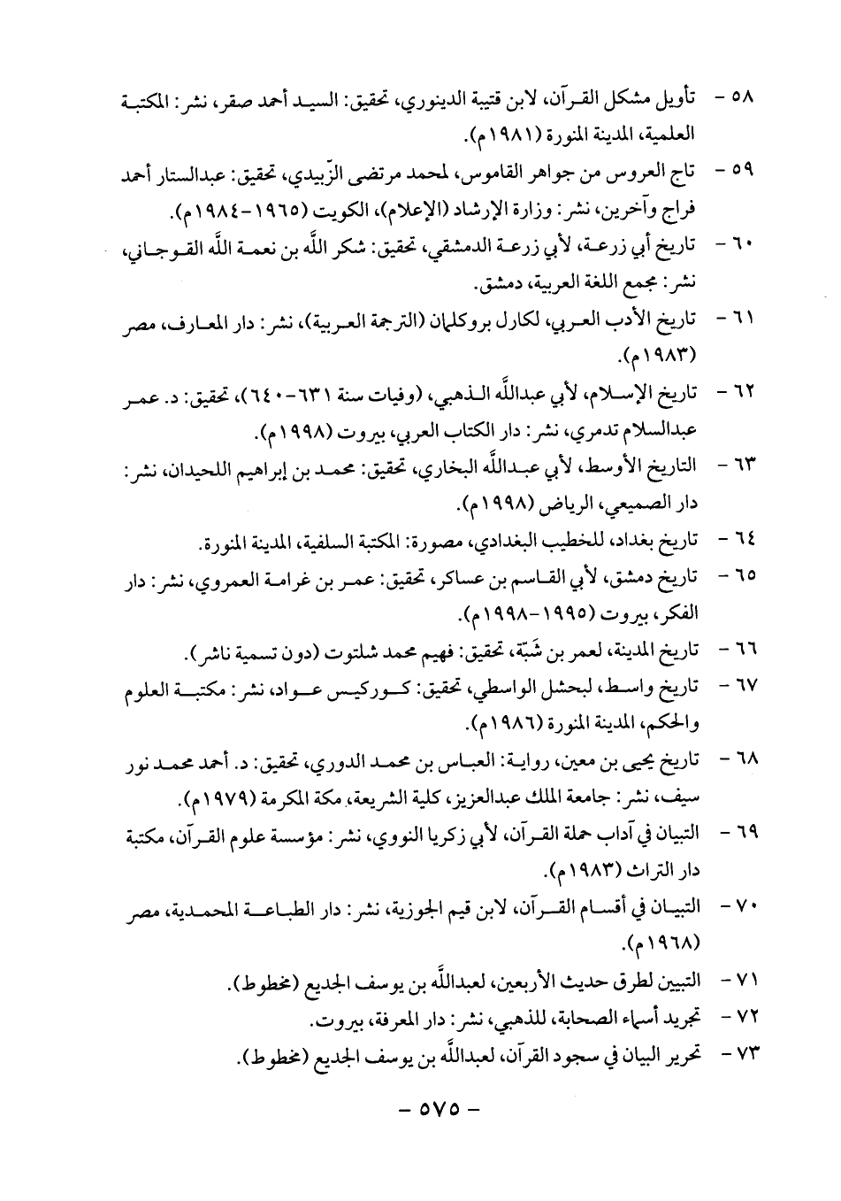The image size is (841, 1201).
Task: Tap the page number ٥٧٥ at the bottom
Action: pos(437,1108)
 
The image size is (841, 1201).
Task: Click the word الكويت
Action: pos(333,212)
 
